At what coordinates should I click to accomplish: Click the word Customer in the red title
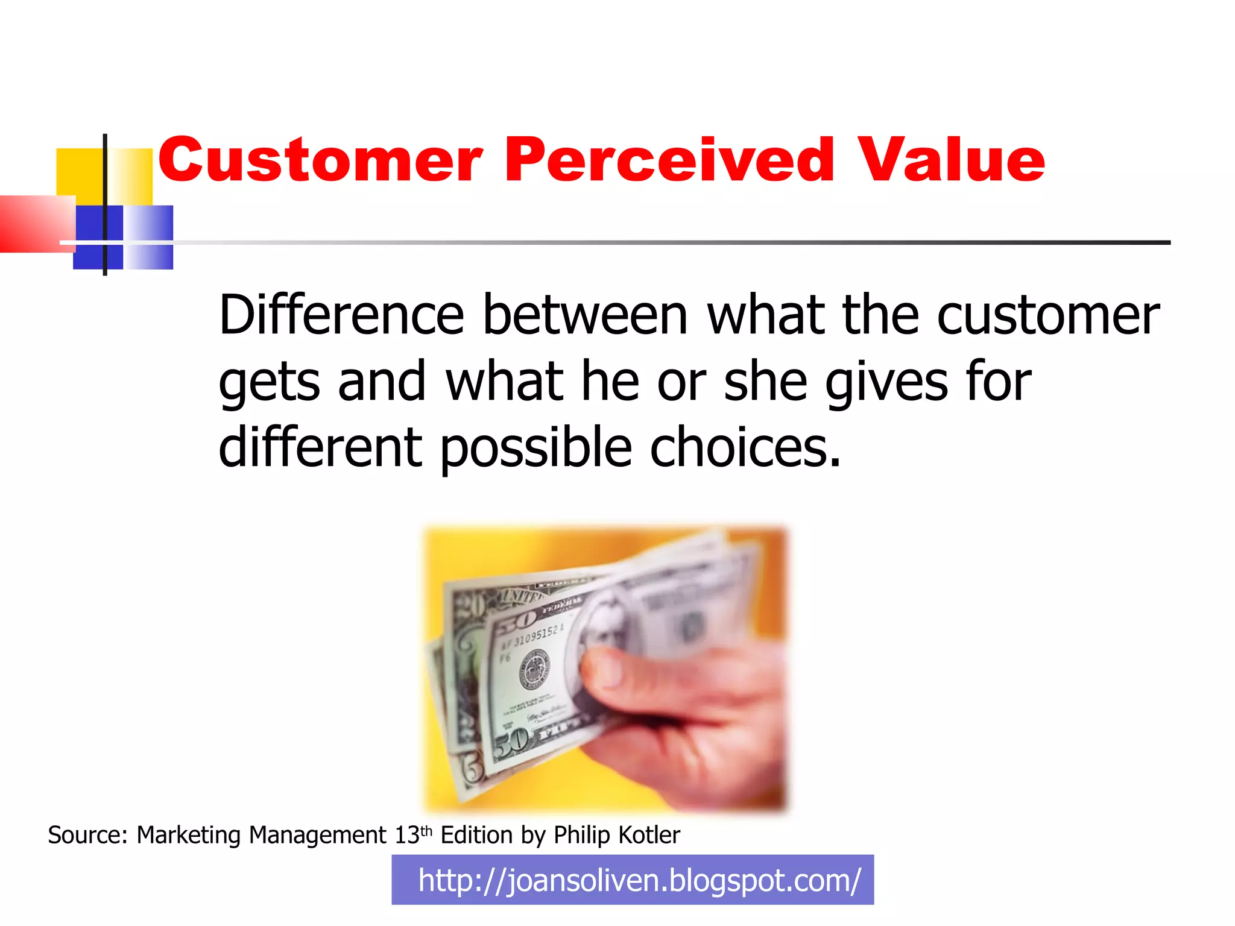[x=320, y=160]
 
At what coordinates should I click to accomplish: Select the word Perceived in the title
[x=669, y=160]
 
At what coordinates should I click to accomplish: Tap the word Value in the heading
[x=951, y=160]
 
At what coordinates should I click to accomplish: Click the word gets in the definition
[x=269, y=383]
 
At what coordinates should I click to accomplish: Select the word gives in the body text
[x=886, y=383]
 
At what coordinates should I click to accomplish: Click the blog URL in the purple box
[x=639, y=881]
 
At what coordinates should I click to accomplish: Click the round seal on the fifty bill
[x=534, y=669]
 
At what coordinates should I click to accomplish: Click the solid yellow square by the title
[x=78, y=172]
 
